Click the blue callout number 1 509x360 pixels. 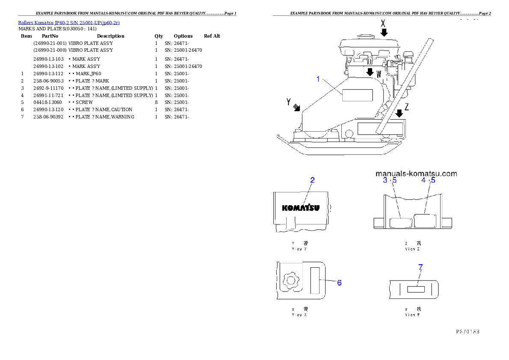(318, 79)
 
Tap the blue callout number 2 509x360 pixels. (312, 180)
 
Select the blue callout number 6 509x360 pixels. (339, 283)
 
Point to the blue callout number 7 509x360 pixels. (420, 267)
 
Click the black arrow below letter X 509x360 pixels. (384, 32)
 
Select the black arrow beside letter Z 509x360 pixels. (399, 113)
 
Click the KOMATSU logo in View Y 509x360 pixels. (300, 208)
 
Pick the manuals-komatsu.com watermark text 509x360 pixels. (416, 174)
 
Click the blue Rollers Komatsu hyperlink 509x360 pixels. (69, 22)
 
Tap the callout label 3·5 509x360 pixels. (390, 180)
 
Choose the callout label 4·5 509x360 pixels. (428, 180)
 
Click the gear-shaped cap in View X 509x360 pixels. (290, 281)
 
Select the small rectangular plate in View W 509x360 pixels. (415, 289)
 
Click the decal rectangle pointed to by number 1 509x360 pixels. (358, 95)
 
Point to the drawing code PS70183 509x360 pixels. (467, 331)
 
